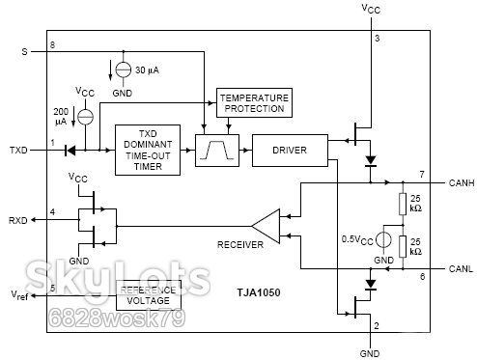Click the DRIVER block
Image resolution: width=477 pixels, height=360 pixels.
pos(290,151)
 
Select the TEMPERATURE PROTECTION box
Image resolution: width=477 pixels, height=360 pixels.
pos(254,102)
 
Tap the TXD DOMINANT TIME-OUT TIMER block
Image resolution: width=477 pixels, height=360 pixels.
pos(148,150)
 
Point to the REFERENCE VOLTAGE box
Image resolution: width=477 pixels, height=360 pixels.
pos(149,295)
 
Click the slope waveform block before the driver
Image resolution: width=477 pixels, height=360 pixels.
pos(217,151)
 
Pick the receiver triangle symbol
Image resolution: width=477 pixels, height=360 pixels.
pos(266,226)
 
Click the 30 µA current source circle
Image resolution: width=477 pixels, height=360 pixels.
pos(124,69)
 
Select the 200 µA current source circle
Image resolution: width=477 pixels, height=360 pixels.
pos(86,117)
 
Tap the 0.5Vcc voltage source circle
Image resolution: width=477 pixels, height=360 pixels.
pos(383,239)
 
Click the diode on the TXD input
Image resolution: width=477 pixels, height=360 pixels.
pos(70,151)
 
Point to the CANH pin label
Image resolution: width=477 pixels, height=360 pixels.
pos(462,182)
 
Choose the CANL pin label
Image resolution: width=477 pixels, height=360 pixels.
pos(461,268)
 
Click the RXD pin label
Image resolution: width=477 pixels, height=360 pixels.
pos(17,221)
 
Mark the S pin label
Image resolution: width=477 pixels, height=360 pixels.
pos(24,51)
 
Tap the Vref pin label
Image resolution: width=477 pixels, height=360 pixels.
pos(19,295)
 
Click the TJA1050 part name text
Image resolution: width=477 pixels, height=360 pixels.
pos(259,292)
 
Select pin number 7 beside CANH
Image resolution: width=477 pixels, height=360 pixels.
pos(422,175)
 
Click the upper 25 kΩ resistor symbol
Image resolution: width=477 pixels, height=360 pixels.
pos(403,204)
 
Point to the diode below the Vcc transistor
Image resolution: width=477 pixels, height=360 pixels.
pos(371,161)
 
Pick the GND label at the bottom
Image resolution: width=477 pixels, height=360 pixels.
pos(370,353)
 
